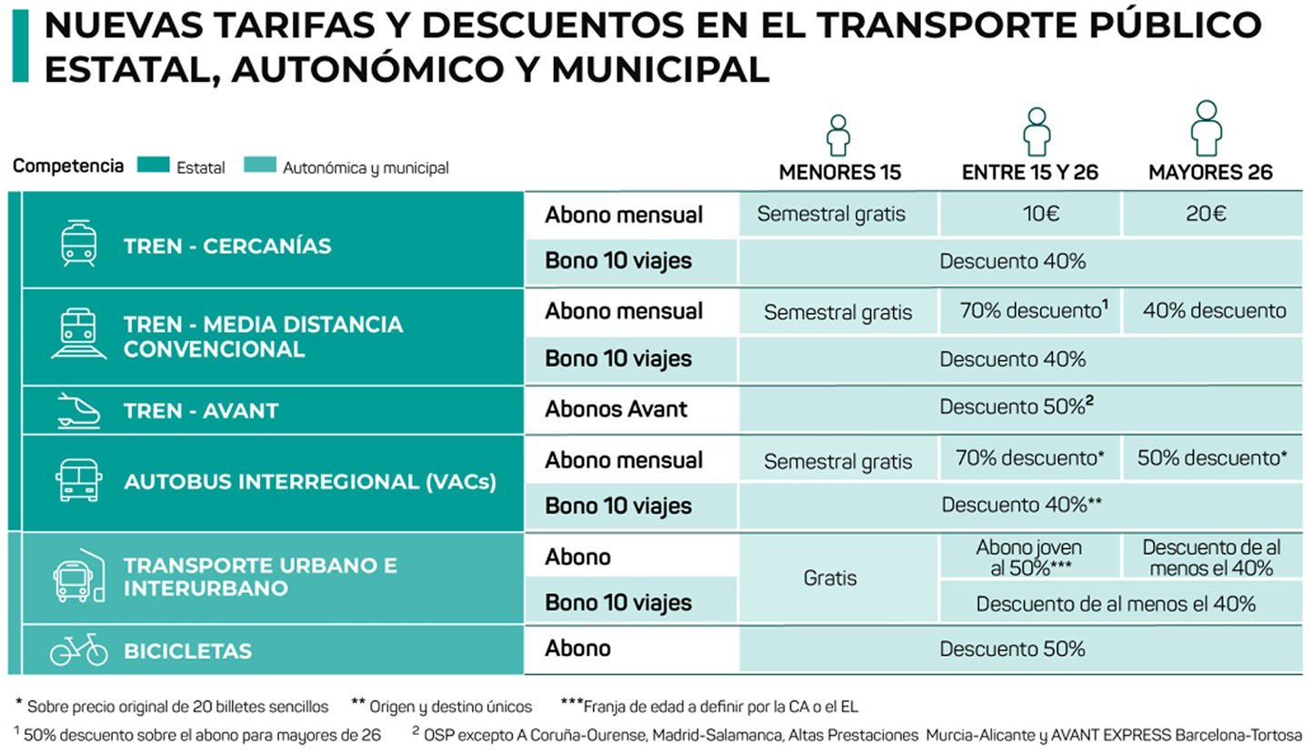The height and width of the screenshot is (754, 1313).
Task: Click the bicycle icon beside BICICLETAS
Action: click(79, 649)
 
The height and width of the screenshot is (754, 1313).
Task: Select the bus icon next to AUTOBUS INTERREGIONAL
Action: click(79, 480)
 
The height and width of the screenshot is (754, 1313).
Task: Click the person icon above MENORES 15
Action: click(837, 135)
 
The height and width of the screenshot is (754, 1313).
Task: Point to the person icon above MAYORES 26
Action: click(1207, 129)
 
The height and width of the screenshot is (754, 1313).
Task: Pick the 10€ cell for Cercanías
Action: click(1030, 215)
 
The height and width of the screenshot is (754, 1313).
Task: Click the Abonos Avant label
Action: click(616, 409)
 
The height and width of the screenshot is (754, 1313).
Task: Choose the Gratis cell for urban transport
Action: click(830, 578)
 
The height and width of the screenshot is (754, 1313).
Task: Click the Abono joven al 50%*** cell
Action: click(1029, 558)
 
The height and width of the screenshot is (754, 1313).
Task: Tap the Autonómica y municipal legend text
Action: click(366, 168)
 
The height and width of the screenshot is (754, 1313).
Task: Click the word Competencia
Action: click(68, 166)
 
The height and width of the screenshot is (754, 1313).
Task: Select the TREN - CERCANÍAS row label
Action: click(227, 246)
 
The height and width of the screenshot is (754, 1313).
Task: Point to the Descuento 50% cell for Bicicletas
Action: click(1012, 649)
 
